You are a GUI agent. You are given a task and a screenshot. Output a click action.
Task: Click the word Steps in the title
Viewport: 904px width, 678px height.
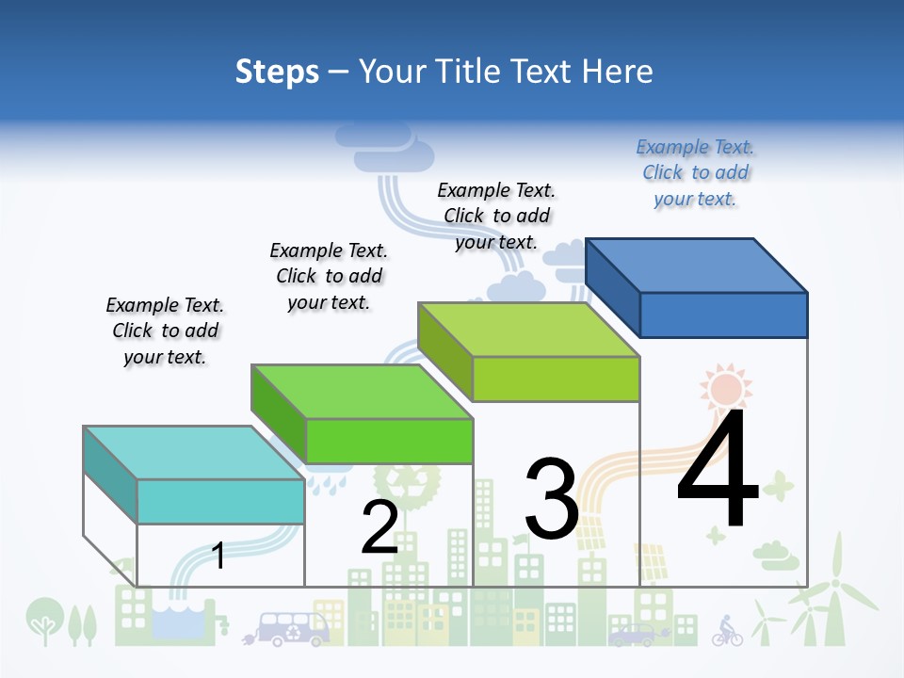277,72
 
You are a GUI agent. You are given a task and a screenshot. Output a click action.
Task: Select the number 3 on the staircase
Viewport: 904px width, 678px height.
552,498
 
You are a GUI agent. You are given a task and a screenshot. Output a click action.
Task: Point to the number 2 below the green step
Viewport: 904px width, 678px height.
379,527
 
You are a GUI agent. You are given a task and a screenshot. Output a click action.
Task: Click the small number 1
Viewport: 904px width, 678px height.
218,556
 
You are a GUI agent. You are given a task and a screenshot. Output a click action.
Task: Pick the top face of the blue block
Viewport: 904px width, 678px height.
697,265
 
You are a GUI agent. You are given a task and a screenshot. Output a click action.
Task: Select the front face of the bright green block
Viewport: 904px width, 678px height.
389,441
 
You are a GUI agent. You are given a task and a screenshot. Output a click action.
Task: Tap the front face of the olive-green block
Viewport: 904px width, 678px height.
556,379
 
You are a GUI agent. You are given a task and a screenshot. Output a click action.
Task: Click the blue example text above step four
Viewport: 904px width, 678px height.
695,173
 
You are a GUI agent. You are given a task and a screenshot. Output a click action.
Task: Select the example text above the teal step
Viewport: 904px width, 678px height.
165,331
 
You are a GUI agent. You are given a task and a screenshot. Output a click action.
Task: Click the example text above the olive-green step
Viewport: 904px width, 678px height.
496,217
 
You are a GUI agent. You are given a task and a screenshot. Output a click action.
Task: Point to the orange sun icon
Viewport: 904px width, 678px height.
726,387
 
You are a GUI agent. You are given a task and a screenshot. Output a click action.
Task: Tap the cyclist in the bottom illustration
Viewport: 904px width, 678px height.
726,630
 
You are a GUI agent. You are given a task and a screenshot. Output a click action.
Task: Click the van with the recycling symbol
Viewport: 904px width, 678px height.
293,628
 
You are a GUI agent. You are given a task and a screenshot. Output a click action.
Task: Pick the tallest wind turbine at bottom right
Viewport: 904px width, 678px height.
832,593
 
